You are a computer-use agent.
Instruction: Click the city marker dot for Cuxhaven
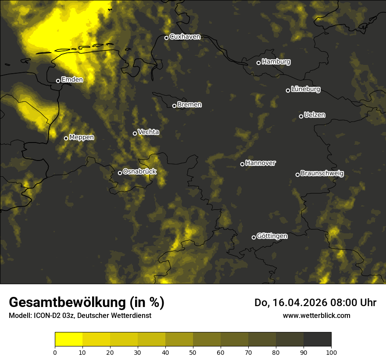tap(166, 38)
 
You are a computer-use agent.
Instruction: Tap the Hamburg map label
tap(276, 62)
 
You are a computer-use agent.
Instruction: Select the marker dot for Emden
tap(58, 81)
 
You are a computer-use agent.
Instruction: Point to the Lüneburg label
tap(305, 89)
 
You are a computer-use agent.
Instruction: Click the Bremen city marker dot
tap(174, 106)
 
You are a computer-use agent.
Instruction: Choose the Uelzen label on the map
tap(315, 115)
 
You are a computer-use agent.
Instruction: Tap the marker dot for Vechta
tap(135, 133)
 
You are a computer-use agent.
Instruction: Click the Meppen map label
tap(82, 137)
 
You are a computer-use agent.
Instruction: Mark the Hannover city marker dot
tap(242, 164)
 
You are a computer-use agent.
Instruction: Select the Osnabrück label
tap(139, 171)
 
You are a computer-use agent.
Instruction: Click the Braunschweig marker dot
tap(297, 175)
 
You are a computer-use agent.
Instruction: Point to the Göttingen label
tap(272, 236)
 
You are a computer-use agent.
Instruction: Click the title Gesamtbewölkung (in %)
tap(86, 303)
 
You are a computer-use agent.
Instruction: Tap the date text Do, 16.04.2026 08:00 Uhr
tap(315, 303)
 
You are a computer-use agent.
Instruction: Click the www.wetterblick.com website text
tap(316, 315)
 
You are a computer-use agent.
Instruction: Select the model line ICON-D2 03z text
tap(80, 315)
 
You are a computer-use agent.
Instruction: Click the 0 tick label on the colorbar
tap(55, 352)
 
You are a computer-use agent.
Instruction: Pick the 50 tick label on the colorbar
tap(193, 352)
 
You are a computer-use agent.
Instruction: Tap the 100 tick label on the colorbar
tap(331, 352)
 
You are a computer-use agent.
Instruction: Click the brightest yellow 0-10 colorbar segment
tap(68, 339)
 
